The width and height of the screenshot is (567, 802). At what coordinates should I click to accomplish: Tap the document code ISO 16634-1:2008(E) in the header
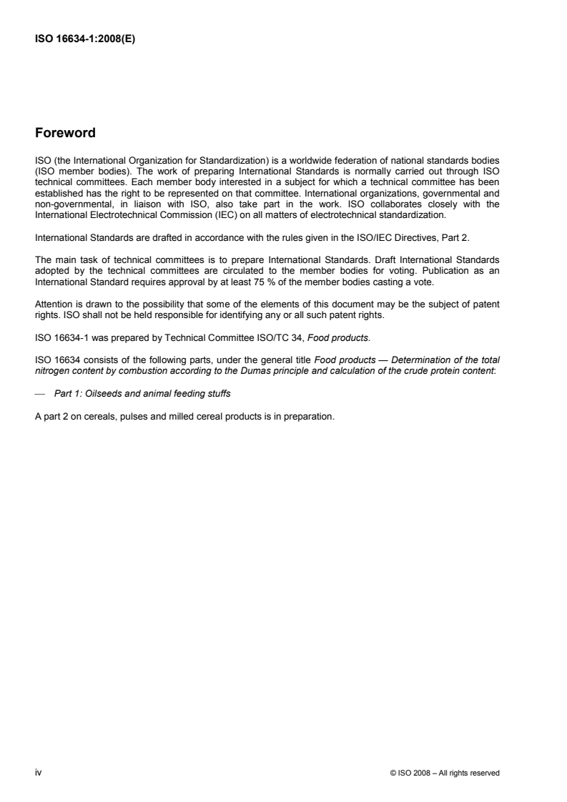[85, 40]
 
